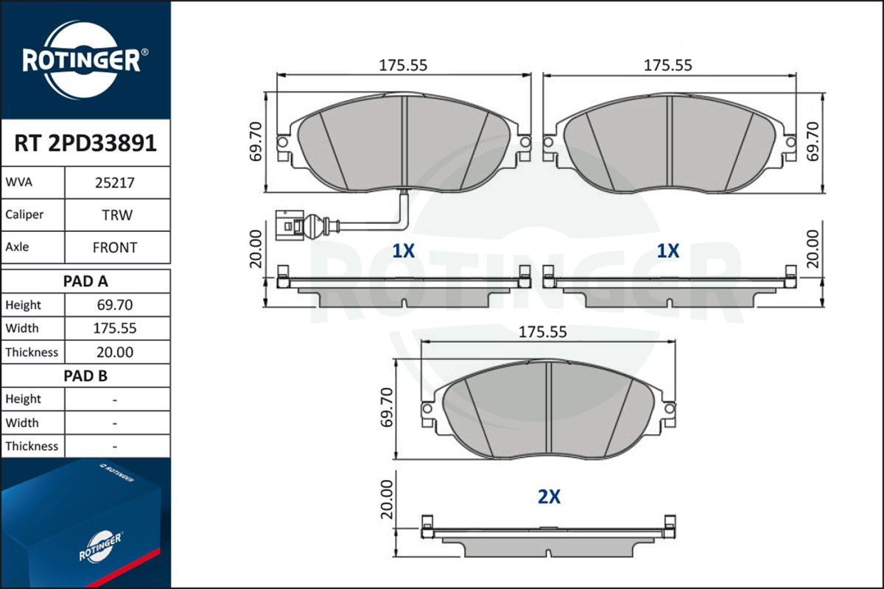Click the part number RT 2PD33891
(85, 143)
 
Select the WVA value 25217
(114, 182)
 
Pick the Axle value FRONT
(114, 247)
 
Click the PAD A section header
(85, 281)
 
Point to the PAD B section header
(85, 375)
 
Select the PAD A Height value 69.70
(114, 305)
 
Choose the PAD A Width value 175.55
(114, 328)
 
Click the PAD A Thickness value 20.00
(114, 352)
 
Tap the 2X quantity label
(549, 497)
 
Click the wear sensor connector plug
(289, 224)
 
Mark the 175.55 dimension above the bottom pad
(543, 332)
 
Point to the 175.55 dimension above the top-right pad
(667, 65)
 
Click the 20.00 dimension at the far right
(813, 248)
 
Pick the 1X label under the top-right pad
(667, 251)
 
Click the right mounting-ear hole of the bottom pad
(669, 407)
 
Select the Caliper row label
(24, 215)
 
